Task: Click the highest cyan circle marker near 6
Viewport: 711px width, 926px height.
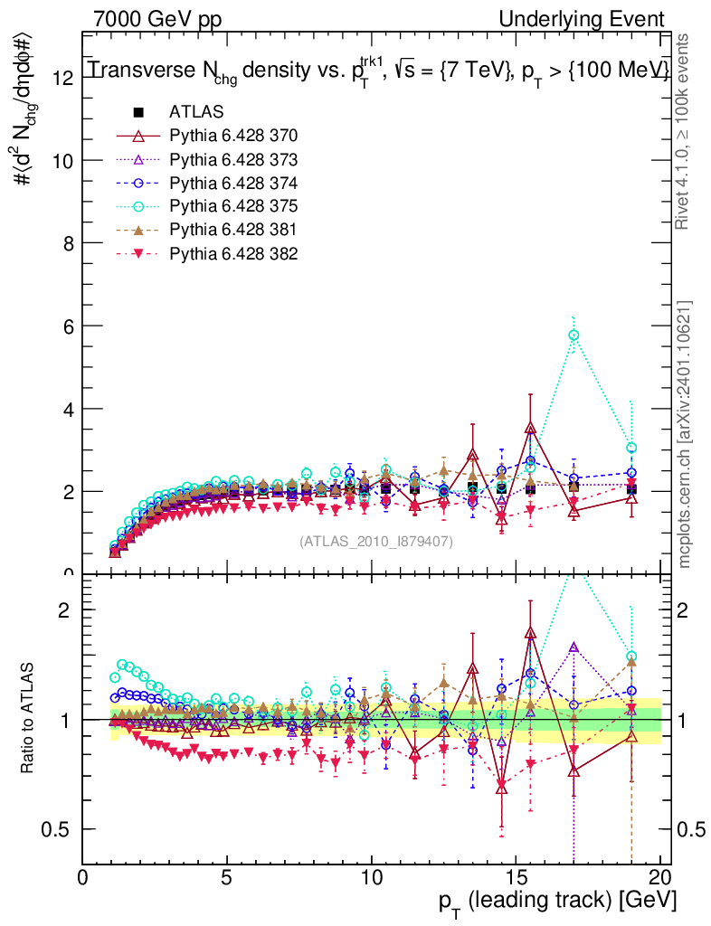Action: [x=573, y=335]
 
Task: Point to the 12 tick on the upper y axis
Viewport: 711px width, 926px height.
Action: [x=62, y=78]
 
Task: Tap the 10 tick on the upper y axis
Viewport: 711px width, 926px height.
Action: [x=62, y=160]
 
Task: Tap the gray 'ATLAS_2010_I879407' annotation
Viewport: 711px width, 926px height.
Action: [x=376, y=541]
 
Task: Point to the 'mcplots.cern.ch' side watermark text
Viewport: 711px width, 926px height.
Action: [x=686, y=434]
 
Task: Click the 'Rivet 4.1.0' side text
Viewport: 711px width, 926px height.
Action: [x=686, y=136]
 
